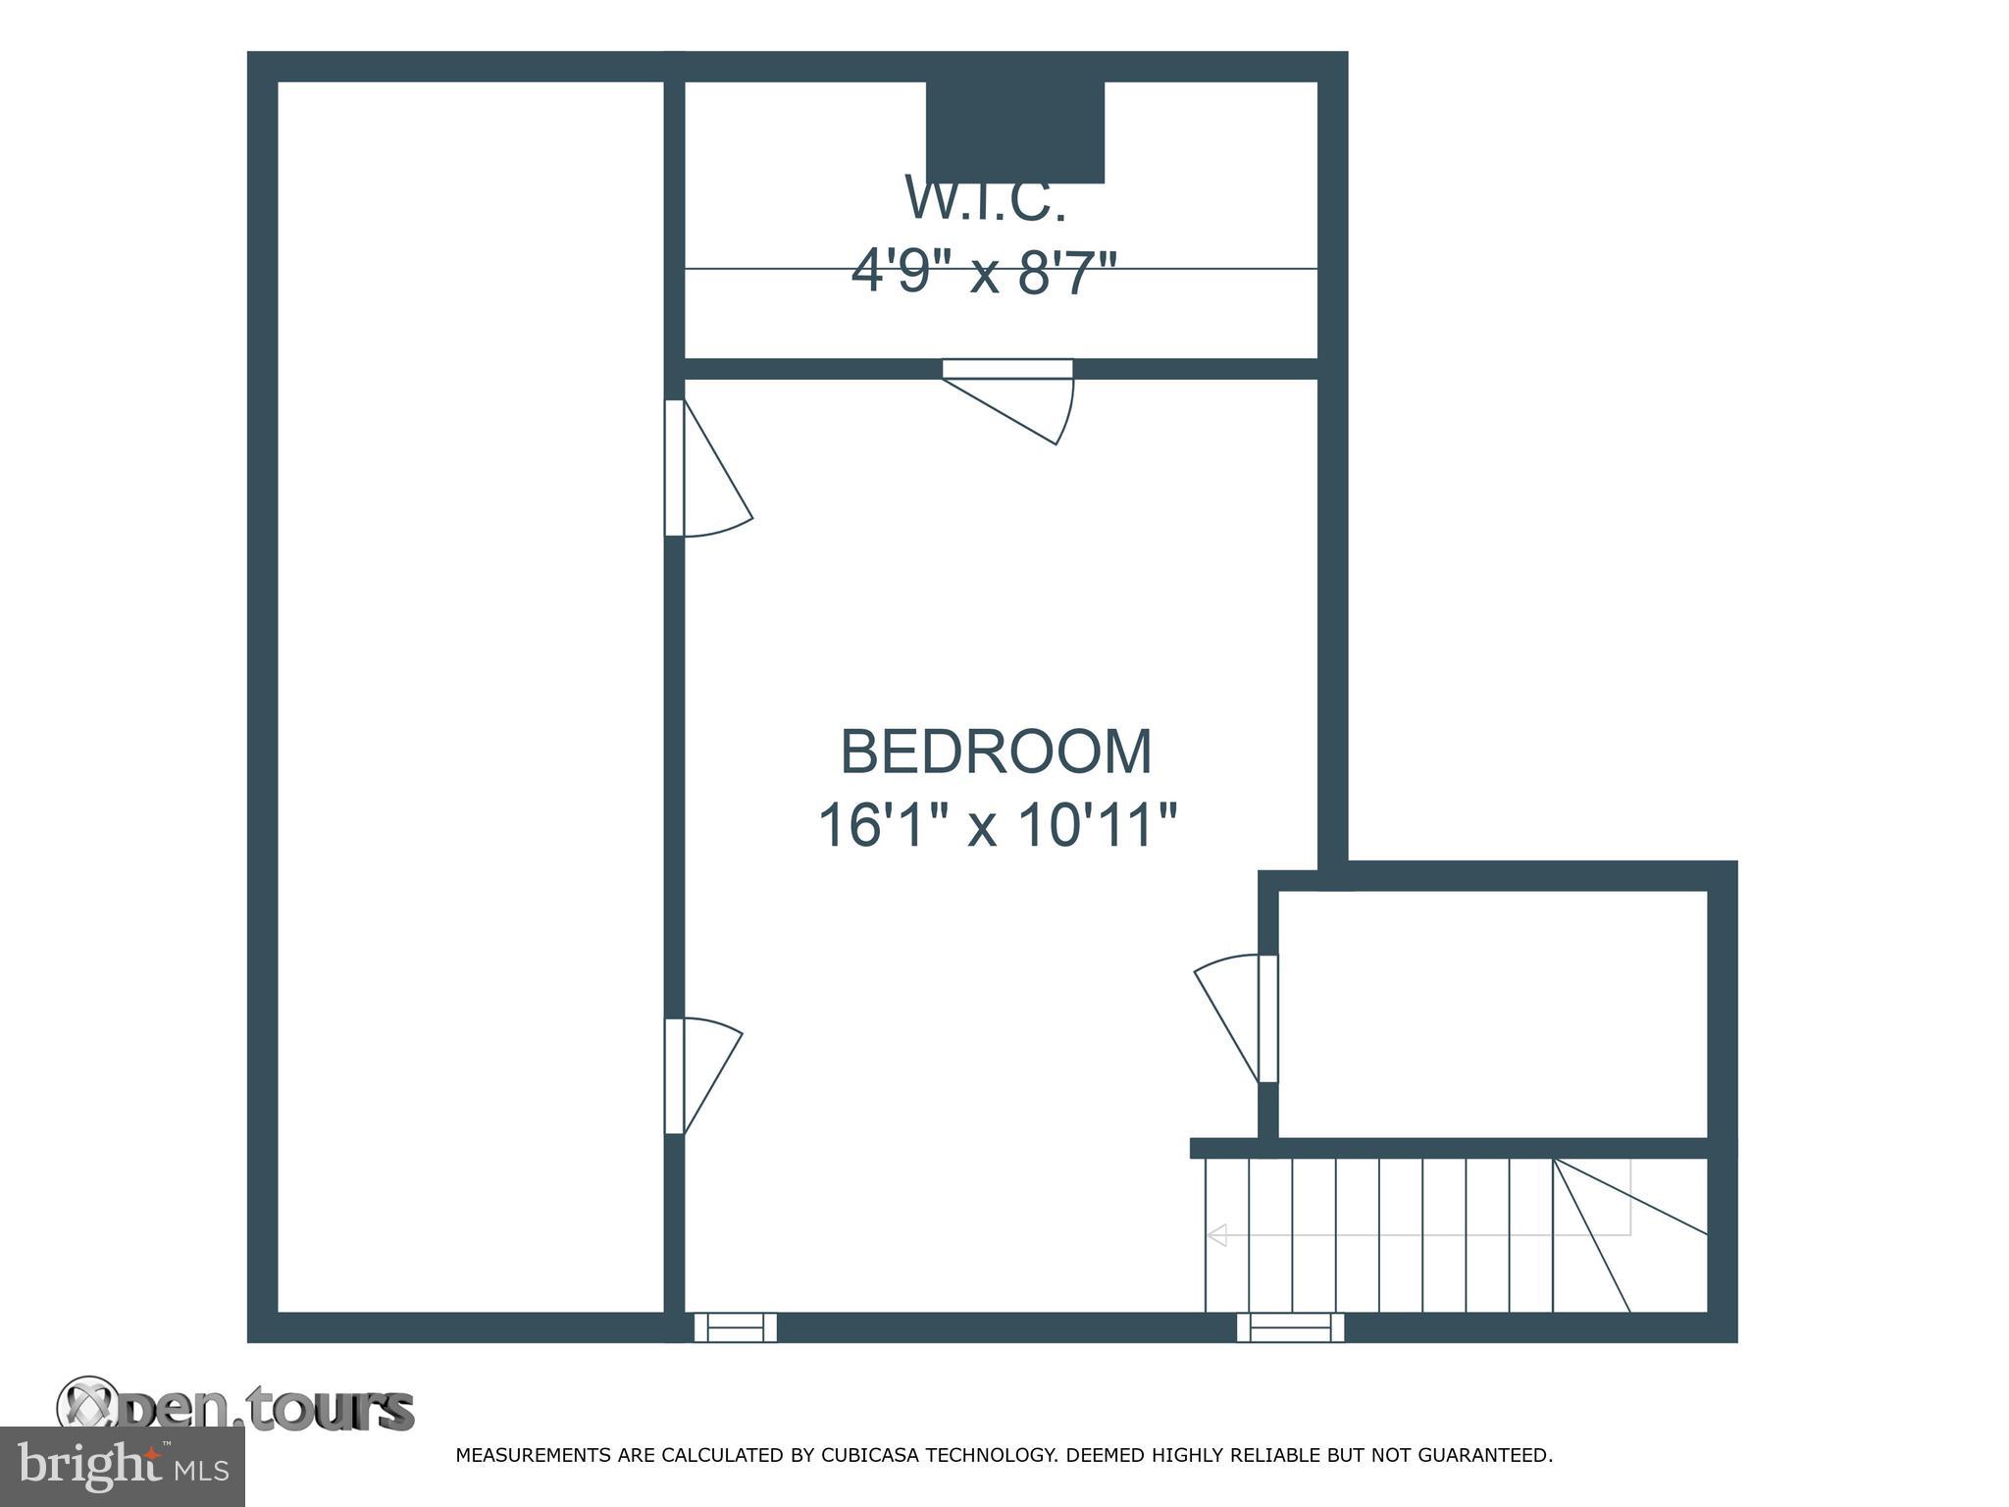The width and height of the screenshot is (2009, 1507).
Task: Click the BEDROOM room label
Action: (996, 752)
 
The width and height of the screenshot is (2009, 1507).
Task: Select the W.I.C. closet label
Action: (985, 200)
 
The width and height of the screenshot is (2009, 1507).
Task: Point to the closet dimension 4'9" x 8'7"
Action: (984, 272)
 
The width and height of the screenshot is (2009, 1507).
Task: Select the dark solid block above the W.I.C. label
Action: (1015, 131)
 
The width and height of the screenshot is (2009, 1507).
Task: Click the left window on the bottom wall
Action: (736, 1327)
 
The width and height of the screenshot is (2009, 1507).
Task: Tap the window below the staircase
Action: (1290, 1327)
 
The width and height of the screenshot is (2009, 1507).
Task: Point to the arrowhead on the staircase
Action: (1217, 1235)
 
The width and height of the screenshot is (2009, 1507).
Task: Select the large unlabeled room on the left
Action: (471, 697)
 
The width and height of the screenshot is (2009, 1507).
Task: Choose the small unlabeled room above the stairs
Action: (1492, 1013)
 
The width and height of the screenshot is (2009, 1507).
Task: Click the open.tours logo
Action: (235, 1410)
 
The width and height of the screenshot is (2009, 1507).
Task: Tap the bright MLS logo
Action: (123, 1467)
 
